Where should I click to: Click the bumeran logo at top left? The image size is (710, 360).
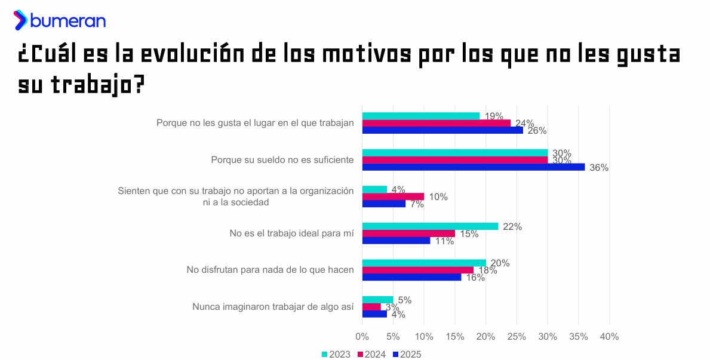(60, 20)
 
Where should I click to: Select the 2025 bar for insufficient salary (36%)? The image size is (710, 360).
(473, 167)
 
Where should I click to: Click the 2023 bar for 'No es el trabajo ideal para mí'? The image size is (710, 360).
(430, 226)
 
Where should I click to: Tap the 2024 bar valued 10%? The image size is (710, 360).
(393, 196)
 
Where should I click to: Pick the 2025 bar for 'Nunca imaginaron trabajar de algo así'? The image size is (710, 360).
(374, 314)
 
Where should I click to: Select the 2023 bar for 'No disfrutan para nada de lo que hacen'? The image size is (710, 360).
(424, 263)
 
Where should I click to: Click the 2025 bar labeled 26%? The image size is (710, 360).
(442, 130)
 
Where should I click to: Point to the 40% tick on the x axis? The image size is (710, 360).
(609, 337)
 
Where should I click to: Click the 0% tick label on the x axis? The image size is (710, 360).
(362, 337)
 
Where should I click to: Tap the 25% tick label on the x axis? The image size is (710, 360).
(517, 337)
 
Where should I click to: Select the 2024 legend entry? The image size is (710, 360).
(371, 354)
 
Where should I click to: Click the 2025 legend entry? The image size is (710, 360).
(407, 354)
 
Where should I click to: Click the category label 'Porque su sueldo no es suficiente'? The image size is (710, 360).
(282, 160)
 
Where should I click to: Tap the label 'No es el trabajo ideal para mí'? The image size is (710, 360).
(291, 233)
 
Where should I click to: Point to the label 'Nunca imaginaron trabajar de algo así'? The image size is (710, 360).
(273, 307)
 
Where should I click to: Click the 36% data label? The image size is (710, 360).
(599, 168)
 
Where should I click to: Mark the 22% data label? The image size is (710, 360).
(512, 226)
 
